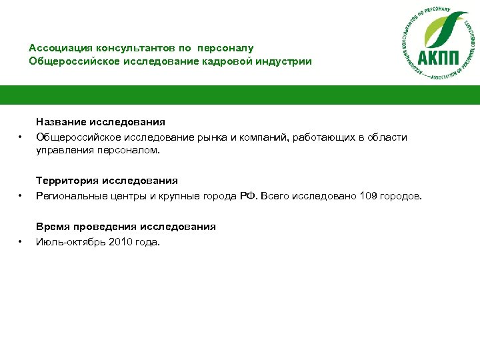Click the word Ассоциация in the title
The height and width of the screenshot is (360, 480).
(60, 48)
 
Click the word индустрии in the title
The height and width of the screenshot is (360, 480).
(283, 61)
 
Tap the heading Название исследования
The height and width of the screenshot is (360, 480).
(101, 122)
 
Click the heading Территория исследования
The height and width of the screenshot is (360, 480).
(107, 180)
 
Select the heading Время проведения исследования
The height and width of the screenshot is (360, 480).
(126, 227)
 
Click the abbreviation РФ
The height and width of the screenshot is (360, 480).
(248, 195)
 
